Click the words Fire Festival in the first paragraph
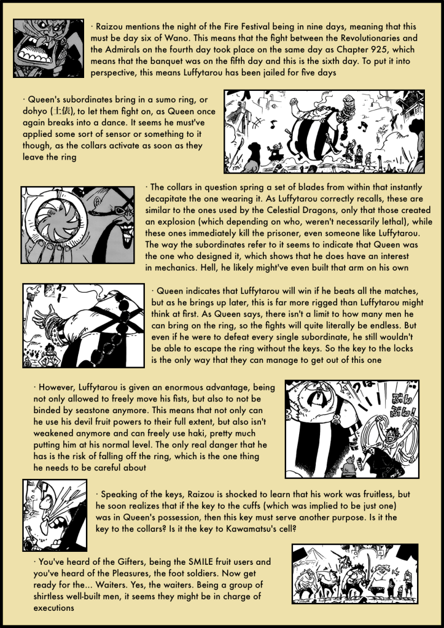[227, 27]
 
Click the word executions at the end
[53, 608]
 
